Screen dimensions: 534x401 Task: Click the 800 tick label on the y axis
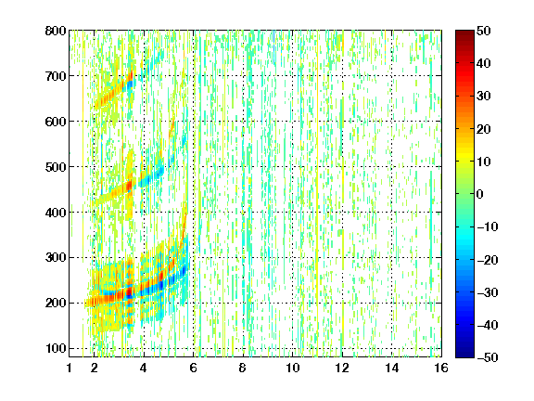[56, 31]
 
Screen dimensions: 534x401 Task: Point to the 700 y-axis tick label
[56, 76]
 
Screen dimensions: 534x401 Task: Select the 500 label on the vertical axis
[56, 167]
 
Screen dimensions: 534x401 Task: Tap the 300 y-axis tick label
[56, 258]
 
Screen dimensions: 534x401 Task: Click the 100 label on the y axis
[56, 348]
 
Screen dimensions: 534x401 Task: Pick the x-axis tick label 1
[70, 368]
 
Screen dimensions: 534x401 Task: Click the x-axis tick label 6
[194, 368]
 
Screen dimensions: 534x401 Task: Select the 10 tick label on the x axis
[293, 368]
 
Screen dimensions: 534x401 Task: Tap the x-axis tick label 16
[441, 368]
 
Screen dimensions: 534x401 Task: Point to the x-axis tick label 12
[342, 368]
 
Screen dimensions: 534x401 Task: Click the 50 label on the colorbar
[483, 31]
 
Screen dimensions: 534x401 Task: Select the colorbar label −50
[488, 357]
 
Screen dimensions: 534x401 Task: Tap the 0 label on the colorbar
[480, 194]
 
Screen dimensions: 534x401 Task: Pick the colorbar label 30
[483, 97]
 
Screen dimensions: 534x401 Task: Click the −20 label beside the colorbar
[488, 260]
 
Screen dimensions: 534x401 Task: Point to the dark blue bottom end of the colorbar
[464, 355]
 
